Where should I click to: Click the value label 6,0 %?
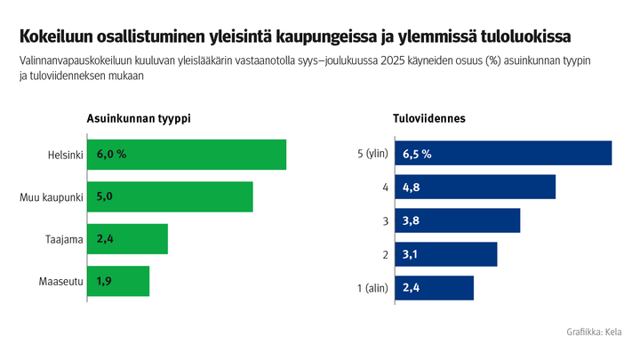(111, 155)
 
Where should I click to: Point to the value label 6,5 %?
(417, 153)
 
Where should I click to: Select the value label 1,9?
(104, 281)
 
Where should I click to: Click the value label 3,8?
(411, 220)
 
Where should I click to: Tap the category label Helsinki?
(65, 155)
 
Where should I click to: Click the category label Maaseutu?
(60, 282)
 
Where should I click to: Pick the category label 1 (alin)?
(371, 288)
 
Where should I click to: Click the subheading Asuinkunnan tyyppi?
(138, 118)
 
